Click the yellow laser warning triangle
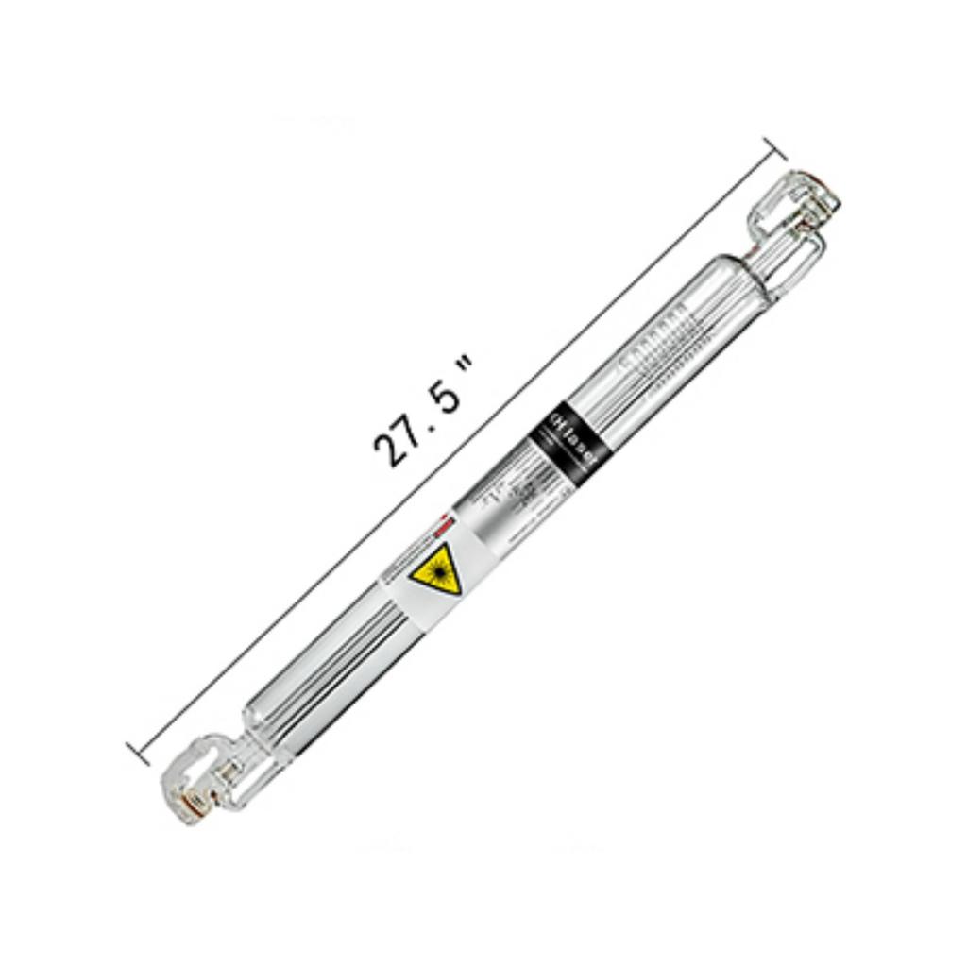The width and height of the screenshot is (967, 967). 437,571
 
